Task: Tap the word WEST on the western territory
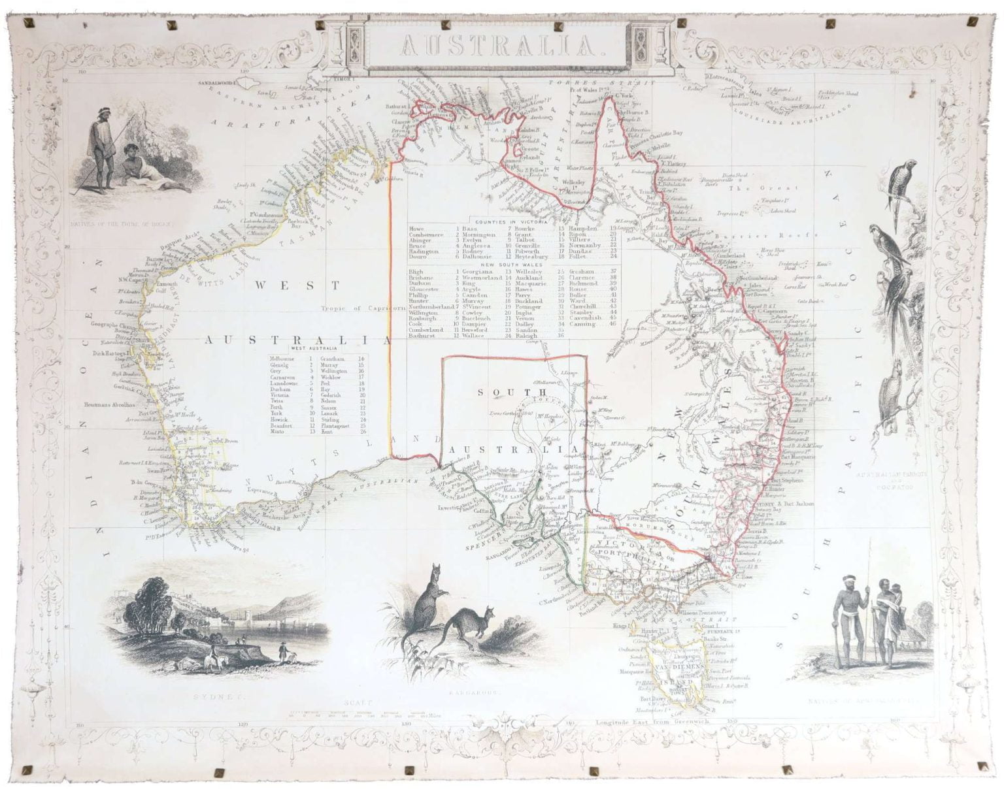point(298,285)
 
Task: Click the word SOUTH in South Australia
point(502,392)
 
